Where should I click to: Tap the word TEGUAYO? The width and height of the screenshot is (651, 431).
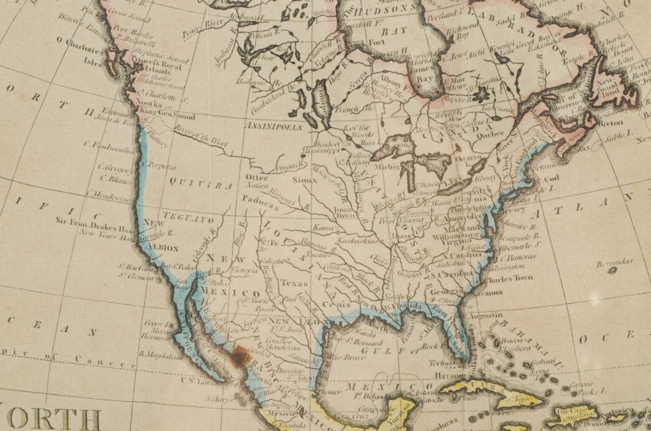coord(189,221)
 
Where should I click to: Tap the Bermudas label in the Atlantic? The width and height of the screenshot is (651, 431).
coord(615,262)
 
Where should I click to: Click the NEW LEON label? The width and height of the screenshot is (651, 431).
coord(292,322)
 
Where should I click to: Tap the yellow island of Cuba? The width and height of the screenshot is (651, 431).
coord(482,388)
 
